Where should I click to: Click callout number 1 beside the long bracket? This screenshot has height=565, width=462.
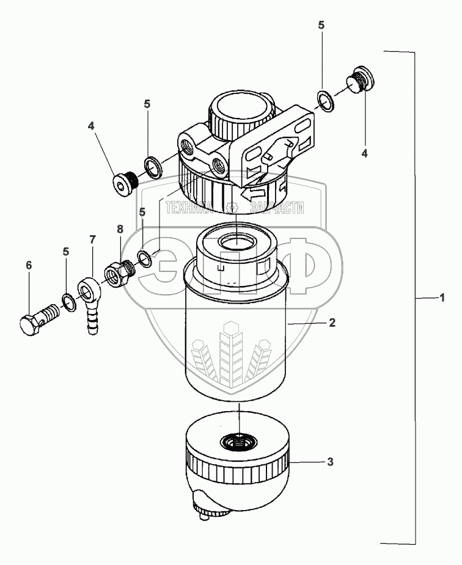coord(441,297)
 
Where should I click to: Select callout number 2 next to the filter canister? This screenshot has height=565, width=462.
coord(332,323)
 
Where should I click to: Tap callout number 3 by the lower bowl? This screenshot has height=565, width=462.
coord(330,462)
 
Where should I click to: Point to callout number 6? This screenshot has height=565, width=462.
coord(29,264)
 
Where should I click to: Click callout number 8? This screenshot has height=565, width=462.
coord(120,229)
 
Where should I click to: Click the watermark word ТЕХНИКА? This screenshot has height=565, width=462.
coord(188,207)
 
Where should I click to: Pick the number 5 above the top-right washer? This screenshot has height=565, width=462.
coord(321,25)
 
